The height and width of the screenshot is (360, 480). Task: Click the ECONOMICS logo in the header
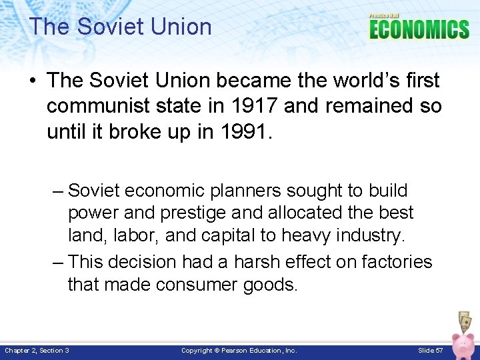[419, 29]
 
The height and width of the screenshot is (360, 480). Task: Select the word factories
[397, 262]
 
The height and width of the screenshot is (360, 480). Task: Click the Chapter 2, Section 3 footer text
[37, 351]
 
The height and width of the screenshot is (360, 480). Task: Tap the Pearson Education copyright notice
[239, 351]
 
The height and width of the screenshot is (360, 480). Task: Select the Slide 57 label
[430, 351]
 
